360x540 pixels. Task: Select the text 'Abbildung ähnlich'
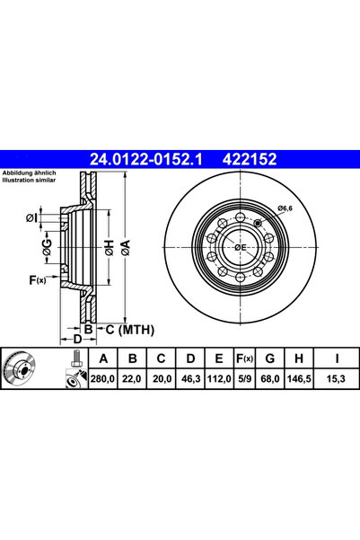pos(30,173)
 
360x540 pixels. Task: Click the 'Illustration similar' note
pos(30,180)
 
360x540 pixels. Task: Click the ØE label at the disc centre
pos(241,247)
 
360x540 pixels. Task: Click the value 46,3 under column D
pos(189,381)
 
